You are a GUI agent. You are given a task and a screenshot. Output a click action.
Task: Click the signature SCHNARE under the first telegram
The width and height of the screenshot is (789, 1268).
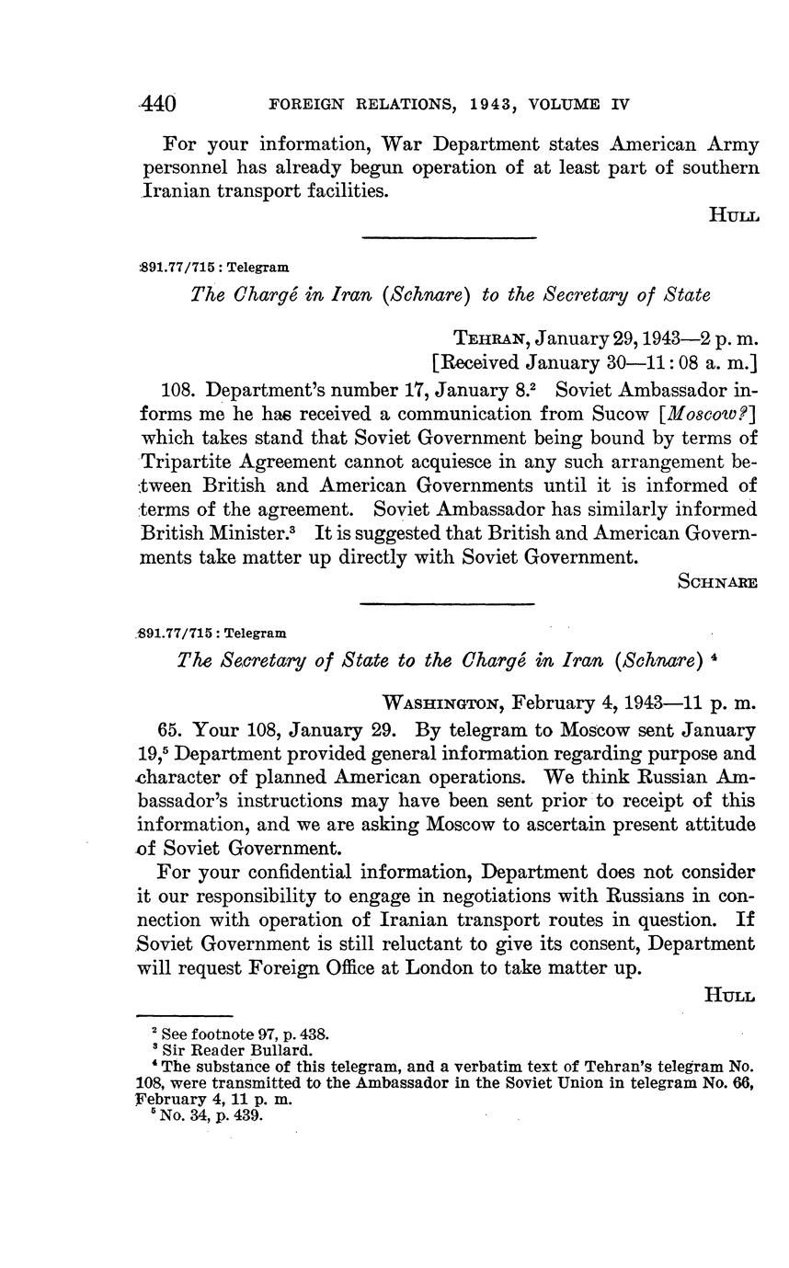[x=717, y=581]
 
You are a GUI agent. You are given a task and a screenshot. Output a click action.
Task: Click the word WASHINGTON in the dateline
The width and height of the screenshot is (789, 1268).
[x=441, y=703]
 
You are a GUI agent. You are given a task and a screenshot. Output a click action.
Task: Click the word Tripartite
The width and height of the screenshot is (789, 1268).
[x=187, y=462]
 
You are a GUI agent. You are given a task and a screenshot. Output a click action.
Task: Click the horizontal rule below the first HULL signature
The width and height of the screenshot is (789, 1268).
[x=449, y=239]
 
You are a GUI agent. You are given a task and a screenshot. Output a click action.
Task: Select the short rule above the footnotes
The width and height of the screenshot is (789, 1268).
[x=184, y=1015]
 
